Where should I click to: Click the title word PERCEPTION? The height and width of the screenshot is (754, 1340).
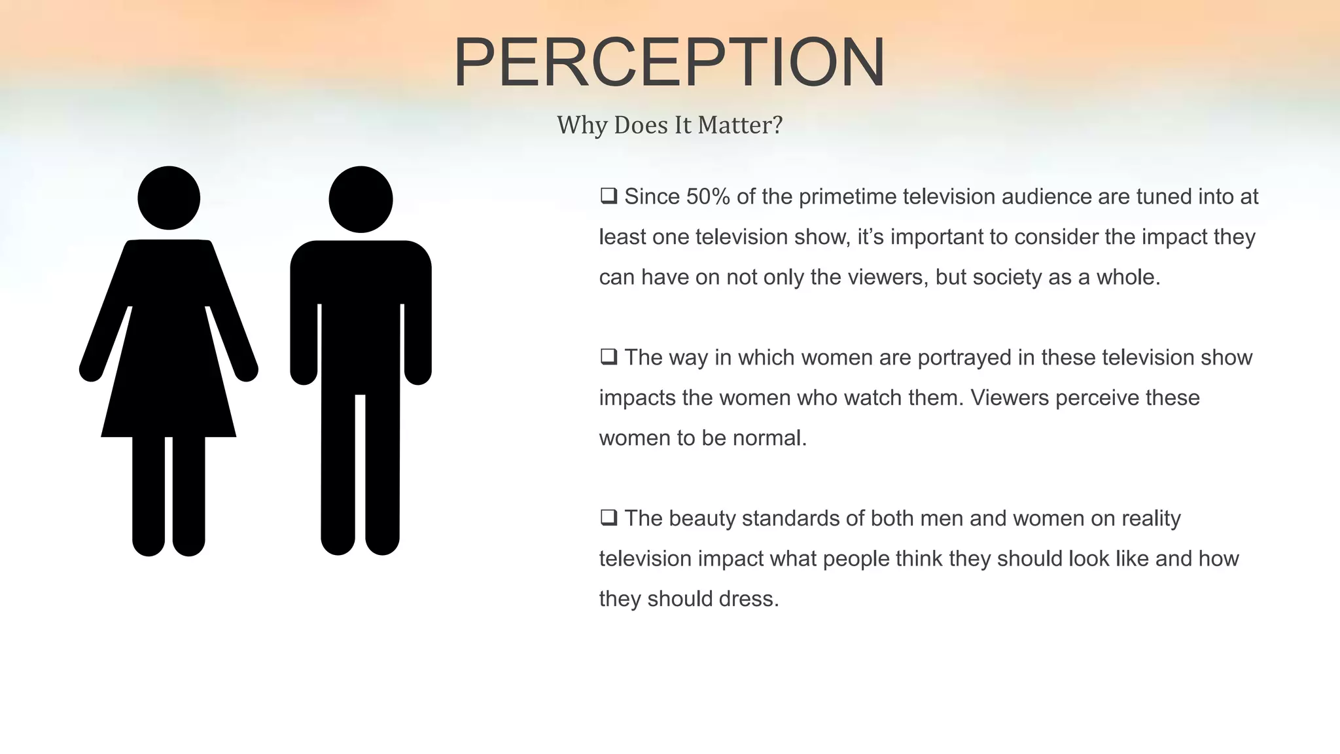(x=669, y=62)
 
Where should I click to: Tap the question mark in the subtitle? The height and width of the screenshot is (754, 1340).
(x=777, y=125)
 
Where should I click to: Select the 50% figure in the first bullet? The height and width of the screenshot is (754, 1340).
(x=708, y=196)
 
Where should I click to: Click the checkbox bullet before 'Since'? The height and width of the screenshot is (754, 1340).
(x=608, y=196)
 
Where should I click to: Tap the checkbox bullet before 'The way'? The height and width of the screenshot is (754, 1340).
(x=608, y=357)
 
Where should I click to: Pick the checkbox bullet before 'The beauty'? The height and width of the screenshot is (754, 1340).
(x=608, y=518)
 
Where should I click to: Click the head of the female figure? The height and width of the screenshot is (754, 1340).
(x=169, y=198)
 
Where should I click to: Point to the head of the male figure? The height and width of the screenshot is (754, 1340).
(x=361, y=199)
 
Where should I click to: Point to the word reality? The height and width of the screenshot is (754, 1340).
(x=1151, y=518)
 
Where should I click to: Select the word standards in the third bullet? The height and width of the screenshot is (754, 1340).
(x=790, y=518)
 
